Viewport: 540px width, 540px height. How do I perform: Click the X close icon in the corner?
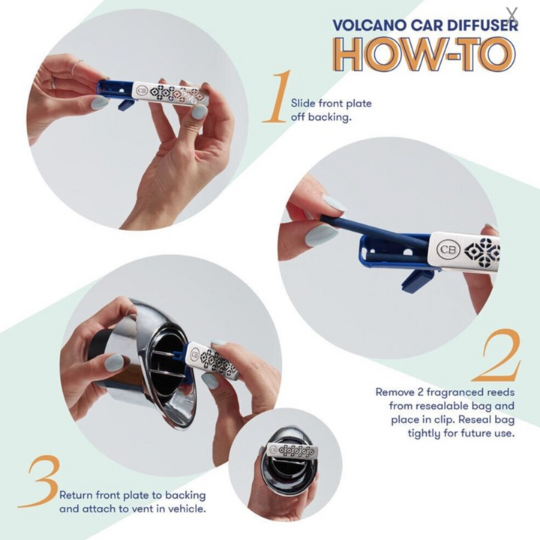pos(512,14)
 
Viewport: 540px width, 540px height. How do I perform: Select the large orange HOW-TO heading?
pos(425,55)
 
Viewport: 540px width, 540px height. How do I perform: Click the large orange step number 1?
pos(277,97)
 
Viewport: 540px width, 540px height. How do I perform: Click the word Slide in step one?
pos(303,103)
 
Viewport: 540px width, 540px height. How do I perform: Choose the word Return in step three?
pos(76,495)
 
